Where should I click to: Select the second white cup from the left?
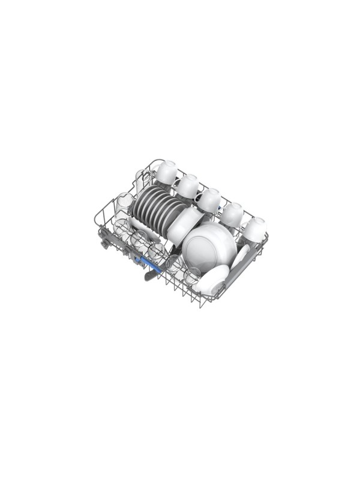coord(187,185)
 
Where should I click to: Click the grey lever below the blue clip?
coord(150,274)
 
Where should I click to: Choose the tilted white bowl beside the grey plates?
coord(181,225)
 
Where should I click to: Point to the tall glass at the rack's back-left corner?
coord(142,179)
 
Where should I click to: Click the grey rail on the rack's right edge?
coord(246,271)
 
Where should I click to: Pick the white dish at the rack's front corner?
coord(211,281)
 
